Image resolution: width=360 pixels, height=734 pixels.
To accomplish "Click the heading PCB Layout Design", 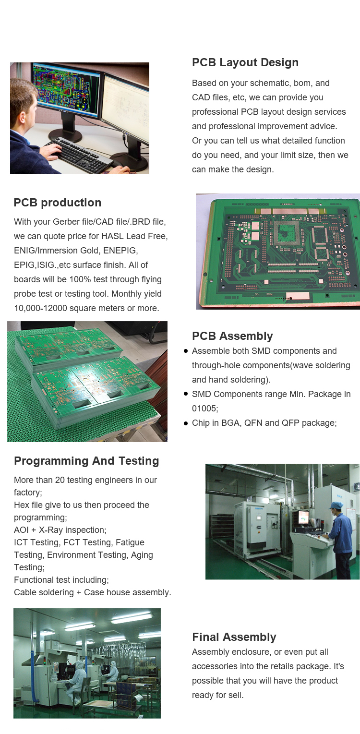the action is tap(245, 62).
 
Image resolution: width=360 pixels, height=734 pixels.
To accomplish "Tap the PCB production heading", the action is tap(57, 203).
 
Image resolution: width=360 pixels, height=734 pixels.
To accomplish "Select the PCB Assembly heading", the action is tap(232, 336).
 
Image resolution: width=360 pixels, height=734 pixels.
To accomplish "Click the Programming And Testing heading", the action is tap(86, 461).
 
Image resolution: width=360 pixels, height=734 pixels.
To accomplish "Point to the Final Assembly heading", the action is tap(234, 637).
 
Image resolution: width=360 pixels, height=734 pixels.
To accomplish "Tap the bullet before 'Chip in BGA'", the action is tap(186, 423).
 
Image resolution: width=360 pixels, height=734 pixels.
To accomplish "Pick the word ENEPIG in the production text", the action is tap(120, 251).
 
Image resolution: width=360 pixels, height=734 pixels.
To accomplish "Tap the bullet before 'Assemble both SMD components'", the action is tap(186, 351).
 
